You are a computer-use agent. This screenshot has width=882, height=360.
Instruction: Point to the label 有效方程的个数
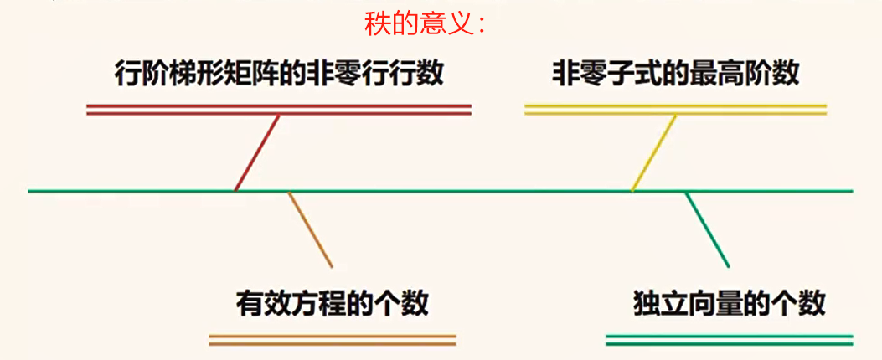pos(333,302)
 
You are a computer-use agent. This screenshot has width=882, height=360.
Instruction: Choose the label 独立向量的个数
pos(730,302)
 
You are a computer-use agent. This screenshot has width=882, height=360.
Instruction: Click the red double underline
pos(279,109)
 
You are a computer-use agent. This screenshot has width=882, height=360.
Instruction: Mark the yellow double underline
pos(675,109)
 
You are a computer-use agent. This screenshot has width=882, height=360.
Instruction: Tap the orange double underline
pos(333,340)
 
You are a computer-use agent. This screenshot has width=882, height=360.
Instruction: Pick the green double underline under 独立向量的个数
pos(729,340)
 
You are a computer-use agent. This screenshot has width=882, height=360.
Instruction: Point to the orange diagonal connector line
pos(311,230)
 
